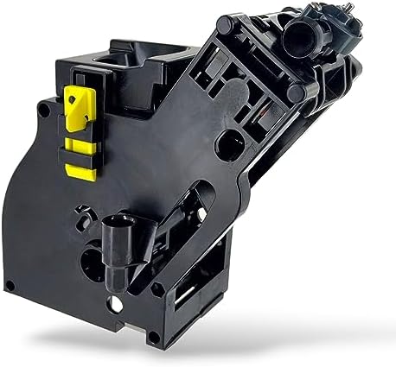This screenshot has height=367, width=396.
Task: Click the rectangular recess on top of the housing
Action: coord(107,59)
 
